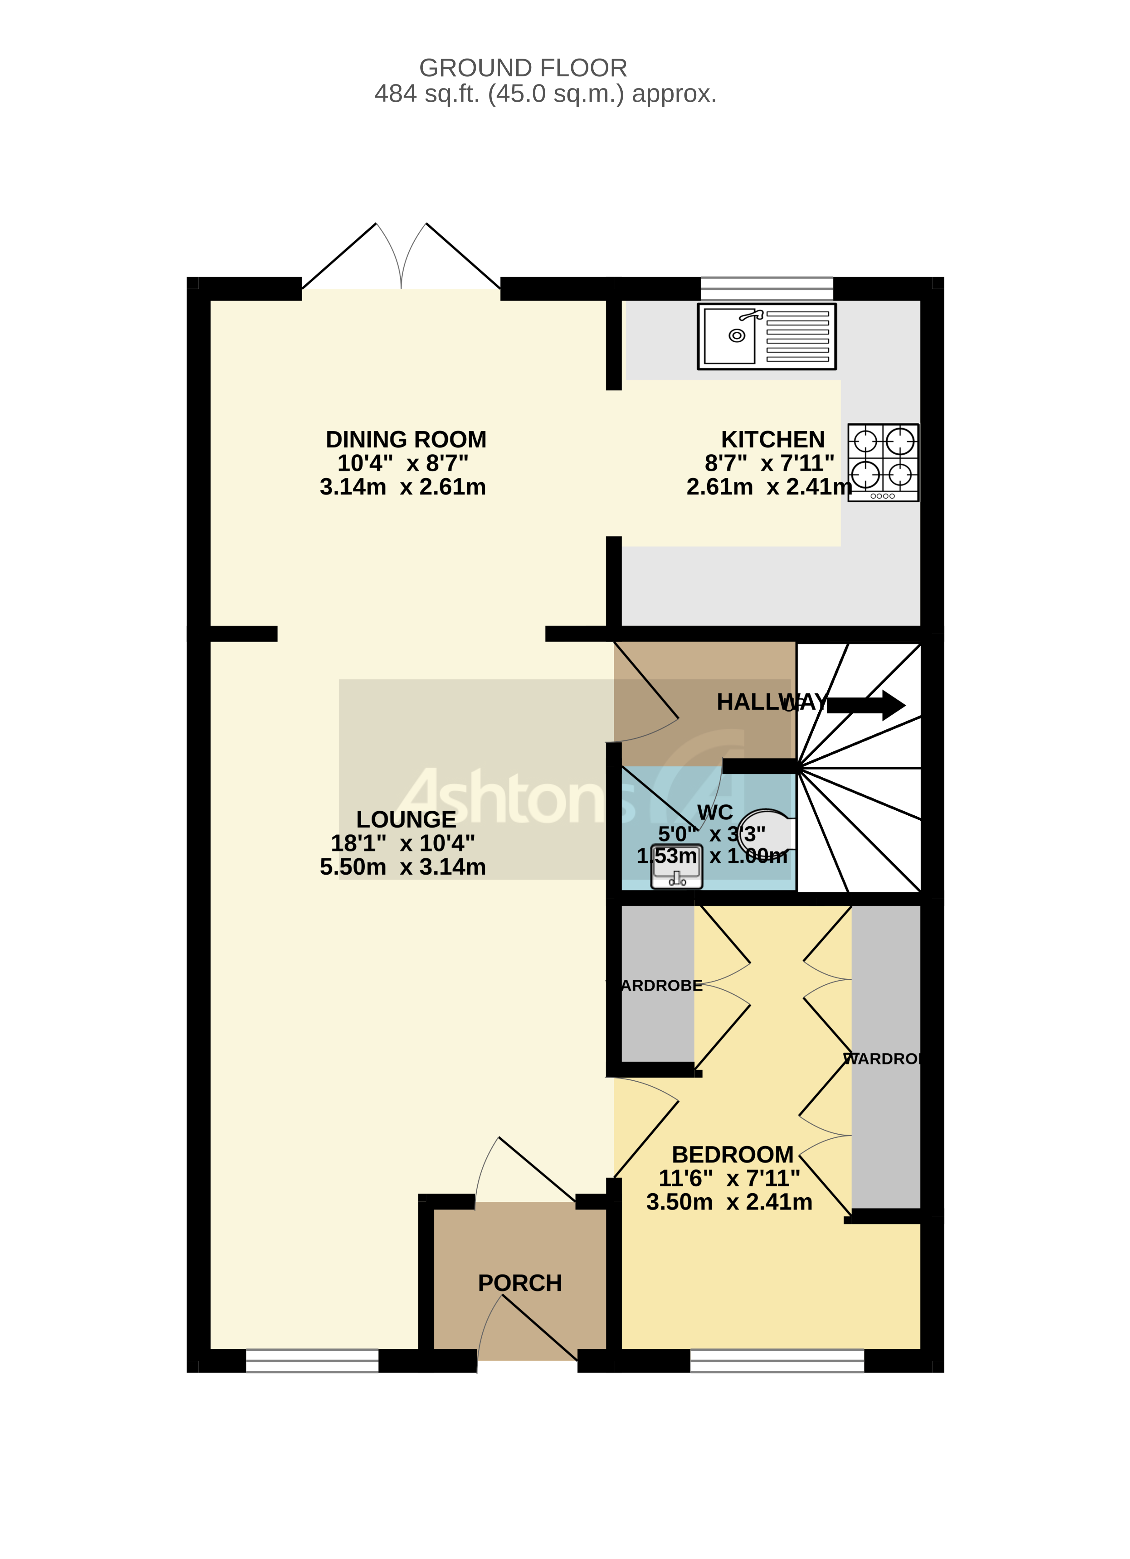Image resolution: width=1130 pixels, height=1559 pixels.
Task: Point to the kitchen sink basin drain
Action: [x=737, y=335]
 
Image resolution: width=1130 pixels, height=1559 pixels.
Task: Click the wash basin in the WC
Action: [x=677, y=867]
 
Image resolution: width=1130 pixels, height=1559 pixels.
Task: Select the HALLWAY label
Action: [x=770, y=702]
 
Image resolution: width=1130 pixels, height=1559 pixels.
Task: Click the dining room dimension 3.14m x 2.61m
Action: [x=403, y=487]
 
